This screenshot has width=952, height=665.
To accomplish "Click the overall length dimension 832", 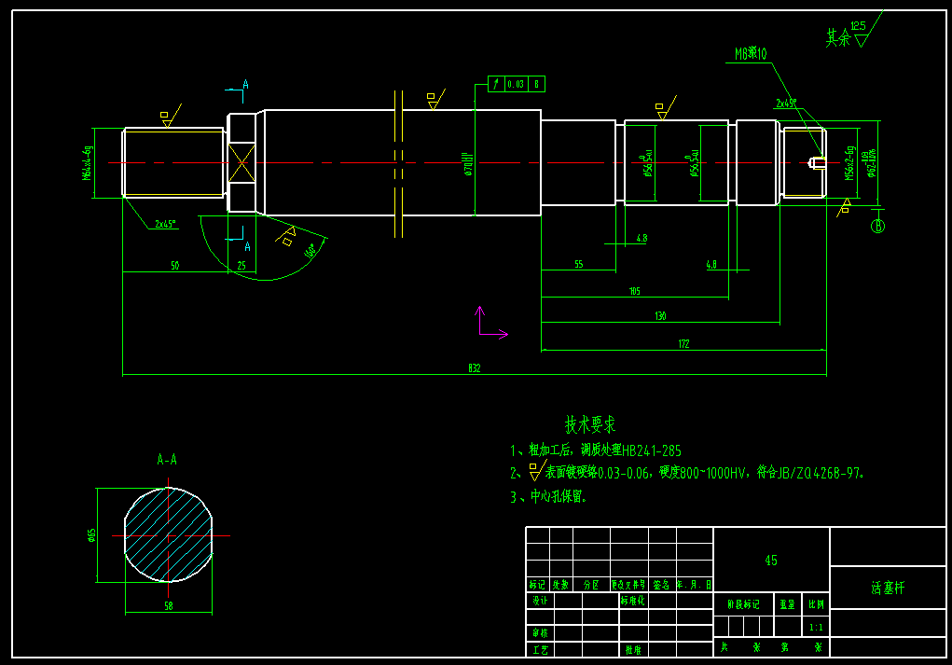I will click(x=474, y=368).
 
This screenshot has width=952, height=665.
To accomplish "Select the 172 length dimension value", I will click(x=683, y=344).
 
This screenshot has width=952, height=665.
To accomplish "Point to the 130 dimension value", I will click(x=660, y=316).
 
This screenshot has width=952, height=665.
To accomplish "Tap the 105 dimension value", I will click(x=635, y=291).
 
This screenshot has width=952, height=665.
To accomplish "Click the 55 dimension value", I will click(x=578, y=265).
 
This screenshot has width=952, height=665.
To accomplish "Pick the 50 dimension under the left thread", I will click(x=174, y=266).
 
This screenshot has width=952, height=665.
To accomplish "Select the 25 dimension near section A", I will click(x=241, y=266).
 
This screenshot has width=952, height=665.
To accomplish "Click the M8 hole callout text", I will click(x=751, y=54).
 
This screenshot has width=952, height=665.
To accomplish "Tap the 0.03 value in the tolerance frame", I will click(x=516, y=84).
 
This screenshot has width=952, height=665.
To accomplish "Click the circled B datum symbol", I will click(x=877, y=226).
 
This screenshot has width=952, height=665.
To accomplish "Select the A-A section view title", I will click(x=167, y=460).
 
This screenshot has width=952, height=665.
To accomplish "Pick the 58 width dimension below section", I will click(x=168, y=606).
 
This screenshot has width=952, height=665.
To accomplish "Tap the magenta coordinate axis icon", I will click(x=487, y=326).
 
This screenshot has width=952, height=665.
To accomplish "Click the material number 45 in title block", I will click(x=771, y=561).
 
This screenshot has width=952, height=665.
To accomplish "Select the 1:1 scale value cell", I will click(x=816, y=628).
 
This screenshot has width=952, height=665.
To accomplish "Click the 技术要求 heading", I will click(x=590, y=425).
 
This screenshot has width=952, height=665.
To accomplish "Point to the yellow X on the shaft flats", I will click(x=241, y=162).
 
